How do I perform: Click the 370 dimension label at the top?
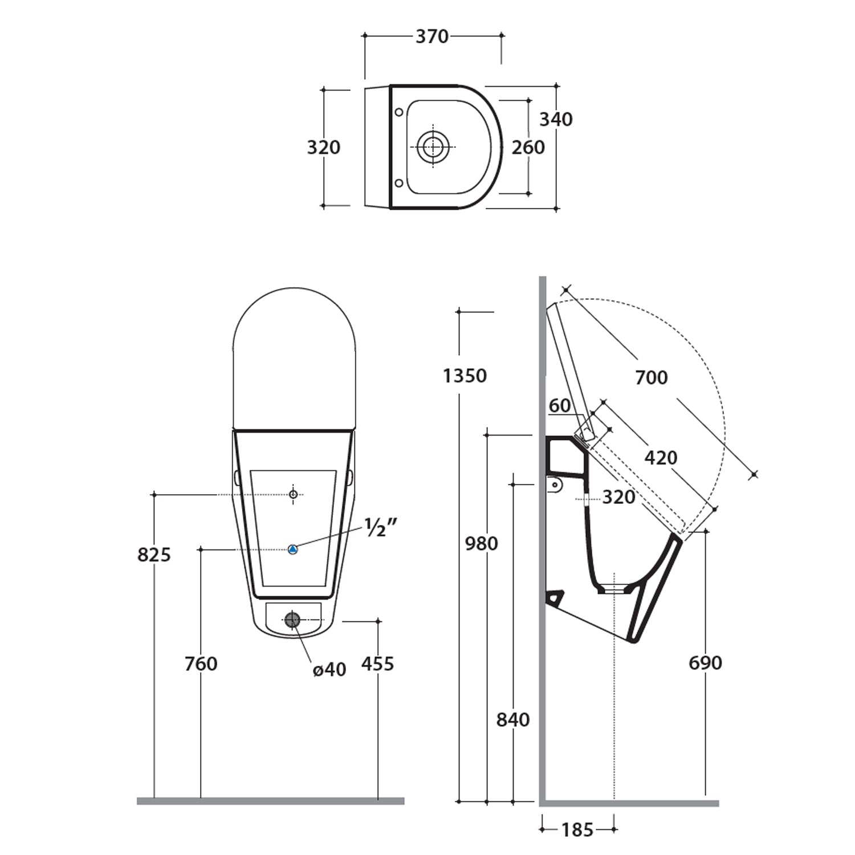pos(432,36)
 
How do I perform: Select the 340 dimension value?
pos(556,119)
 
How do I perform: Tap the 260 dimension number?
pos(528,147)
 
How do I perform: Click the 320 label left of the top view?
pos(324,147)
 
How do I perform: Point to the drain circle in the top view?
pos(433,146)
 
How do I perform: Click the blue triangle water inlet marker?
pos(292,549)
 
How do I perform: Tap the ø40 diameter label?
pos(329,669)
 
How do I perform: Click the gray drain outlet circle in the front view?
pos(292,620)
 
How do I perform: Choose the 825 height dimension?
pos(154,554)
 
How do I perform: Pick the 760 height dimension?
pos(201,663)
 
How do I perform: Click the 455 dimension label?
pos(378,663)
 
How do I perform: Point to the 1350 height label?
pos(465,376)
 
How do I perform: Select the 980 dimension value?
pos(482,543)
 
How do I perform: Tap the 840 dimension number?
pos(513,719)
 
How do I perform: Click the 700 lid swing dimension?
pos(652,377)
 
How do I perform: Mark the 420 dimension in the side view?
pos(661,457)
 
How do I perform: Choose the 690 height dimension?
pos(706,662)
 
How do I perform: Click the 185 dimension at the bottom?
pos(577,830)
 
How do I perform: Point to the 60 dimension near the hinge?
pos(560,405)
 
